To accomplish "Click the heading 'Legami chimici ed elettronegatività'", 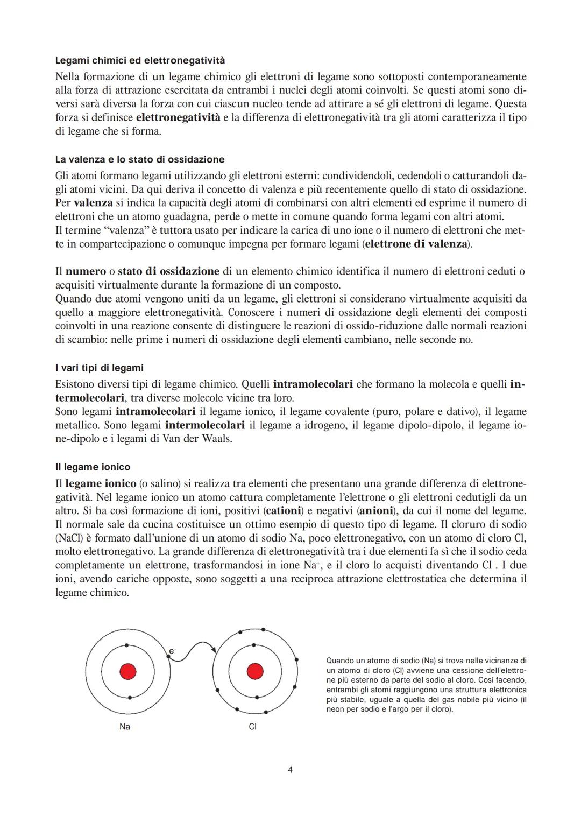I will click(140, 60).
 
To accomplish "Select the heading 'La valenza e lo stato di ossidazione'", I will click(140, 159).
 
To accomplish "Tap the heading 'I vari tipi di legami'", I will click(100, 368).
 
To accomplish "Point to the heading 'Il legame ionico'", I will click(93, 467).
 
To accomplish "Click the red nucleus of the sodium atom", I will click(127, 672).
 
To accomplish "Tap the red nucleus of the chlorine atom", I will click(254, 672).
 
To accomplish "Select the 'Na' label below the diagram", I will click(125, 727).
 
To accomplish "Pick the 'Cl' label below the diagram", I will click(252, 727).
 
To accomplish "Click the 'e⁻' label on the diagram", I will click(172, 651).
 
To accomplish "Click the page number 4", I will click(290, 770).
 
